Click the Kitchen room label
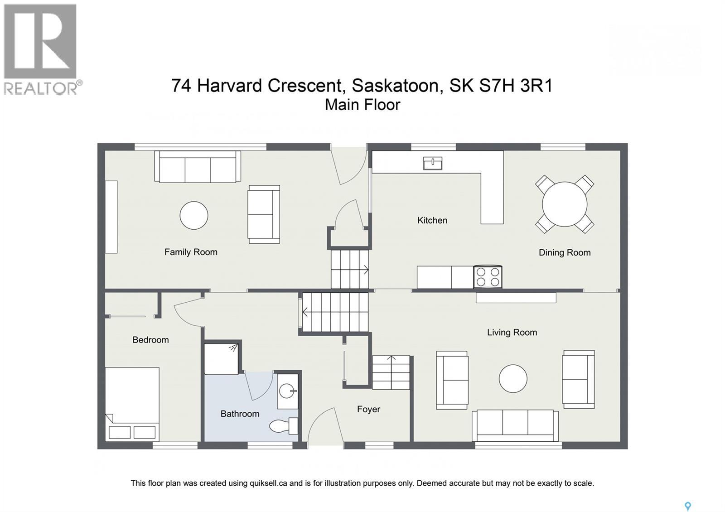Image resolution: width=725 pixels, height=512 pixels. click(x=432, y=220)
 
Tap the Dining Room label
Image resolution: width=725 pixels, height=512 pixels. click(x=564, y=252)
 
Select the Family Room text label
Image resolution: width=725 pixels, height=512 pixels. click(x=191, y=252)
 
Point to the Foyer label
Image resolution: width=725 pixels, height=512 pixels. click(x=368, y=409)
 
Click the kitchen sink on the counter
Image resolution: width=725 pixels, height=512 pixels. click(x=432, y=163)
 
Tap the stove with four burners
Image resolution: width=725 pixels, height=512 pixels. click(x=488, y=277)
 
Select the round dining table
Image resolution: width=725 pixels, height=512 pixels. click(x=564, y=204)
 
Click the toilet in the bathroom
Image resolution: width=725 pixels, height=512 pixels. click(x=283, y=426)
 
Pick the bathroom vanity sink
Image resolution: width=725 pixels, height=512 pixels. click(x=287, y=391)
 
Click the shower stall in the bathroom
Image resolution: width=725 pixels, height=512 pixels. click(x=221, y=358)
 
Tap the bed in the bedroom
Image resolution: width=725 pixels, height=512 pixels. click(x=132, y=404)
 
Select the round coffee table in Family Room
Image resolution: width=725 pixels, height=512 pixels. click(x=194, y=215)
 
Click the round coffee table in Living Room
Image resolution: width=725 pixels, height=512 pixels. click(x=513, y=378)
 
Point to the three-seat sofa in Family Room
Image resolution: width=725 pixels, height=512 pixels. click(x=198, y=167)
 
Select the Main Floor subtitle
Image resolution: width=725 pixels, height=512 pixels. click(x=362, y=105)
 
